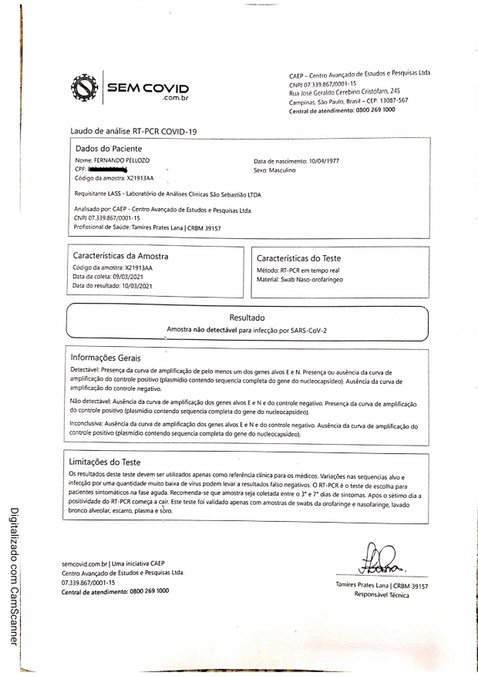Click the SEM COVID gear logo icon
(x=86, y=89)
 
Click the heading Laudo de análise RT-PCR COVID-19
(x=133, y=131)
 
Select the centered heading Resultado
(x=247, y=318)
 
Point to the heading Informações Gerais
(x=111, y=358)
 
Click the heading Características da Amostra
(x=120, y=255)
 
